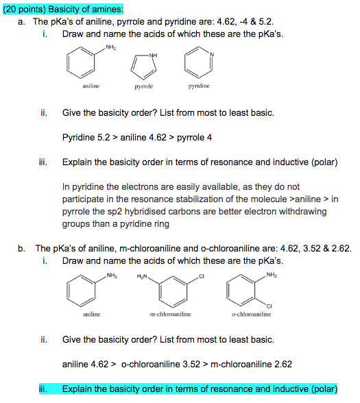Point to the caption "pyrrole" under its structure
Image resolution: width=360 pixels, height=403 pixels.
coord(144,88)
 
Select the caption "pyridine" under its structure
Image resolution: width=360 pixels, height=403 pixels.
coord(193,88)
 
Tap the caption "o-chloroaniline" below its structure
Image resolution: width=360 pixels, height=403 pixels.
coord(252,315)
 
